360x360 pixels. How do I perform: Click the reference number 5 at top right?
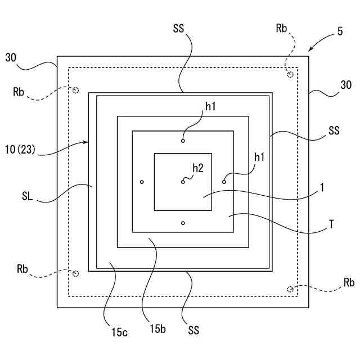340,33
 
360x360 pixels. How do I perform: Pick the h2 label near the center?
197,167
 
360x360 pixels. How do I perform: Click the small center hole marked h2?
183,181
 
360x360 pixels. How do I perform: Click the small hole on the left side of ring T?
142,182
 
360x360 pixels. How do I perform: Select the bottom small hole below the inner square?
183,223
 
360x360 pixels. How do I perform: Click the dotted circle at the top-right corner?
290,74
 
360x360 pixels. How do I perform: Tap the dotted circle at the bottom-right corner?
290,289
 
